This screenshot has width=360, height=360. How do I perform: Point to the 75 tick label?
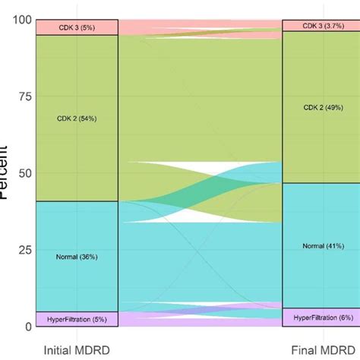point(21,96)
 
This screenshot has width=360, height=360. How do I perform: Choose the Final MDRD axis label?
point(321,350)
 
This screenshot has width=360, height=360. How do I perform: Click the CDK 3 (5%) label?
point(76,27)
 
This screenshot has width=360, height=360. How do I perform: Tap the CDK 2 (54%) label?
point(76,118)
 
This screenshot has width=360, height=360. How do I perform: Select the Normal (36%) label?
point(76,257)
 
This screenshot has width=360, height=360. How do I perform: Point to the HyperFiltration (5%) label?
point(76,319)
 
